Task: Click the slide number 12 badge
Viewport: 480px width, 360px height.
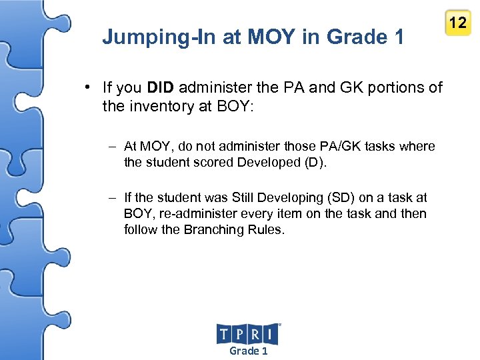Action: pos(457,23)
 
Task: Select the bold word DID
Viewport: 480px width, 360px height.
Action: pos(160,87)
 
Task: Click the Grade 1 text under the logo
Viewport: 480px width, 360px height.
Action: pos(248,351)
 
